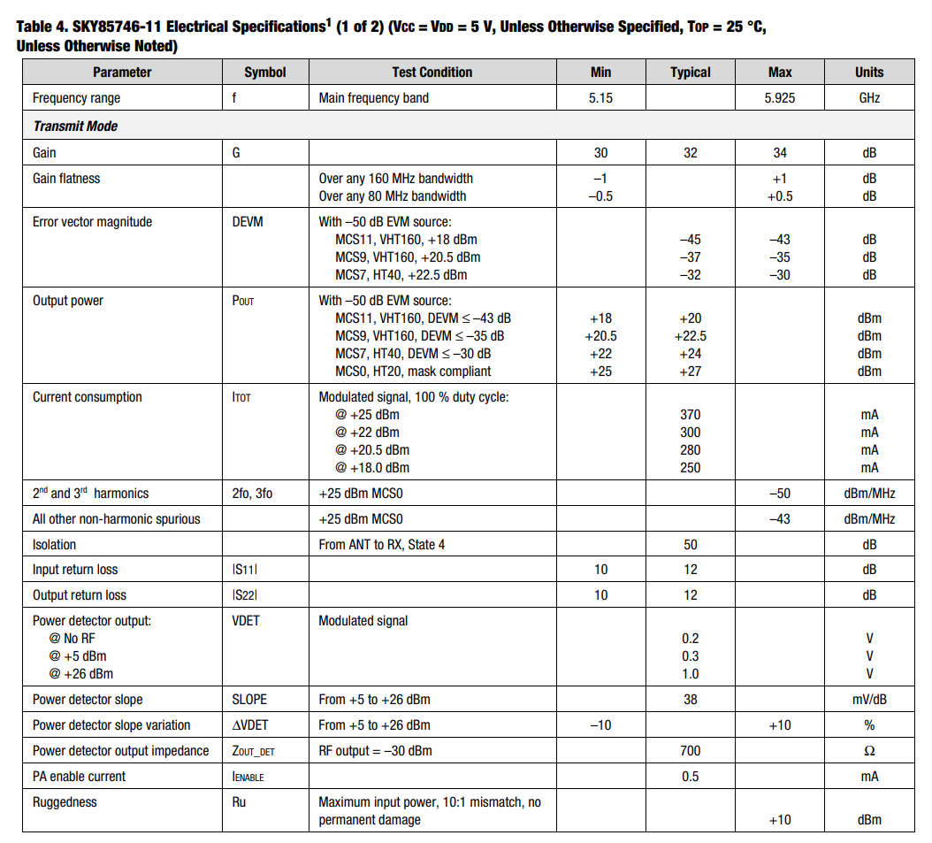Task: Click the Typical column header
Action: [690, 73]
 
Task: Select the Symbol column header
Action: [265, 73]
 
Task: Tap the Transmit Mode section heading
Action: [75, 126]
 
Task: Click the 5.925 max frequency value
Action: [779, 98]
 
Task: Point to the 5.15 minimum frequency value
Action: [600, 98]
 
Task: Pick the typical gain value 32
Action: [690, 153]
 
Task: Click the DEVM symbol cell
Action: [248, 222]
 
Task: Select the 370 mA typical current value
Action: [690, 415]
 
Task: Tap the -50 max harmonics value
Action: [779, 494]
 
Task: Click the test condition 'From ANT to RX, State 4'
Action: [382, 545]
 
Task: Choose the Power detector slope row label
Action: [88, 700]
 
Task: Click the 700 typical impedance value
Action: [690, 751]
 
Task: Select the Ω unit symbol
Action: [868, 751]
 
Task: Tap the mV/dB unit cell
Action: [868, 700]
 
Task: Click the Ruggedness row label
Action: [65, 802]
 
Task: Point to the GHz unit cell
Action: [868, 98]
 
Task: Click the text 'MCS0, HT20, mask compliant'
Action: [413, 372]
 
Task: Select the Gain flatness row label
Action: [66, 179]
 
